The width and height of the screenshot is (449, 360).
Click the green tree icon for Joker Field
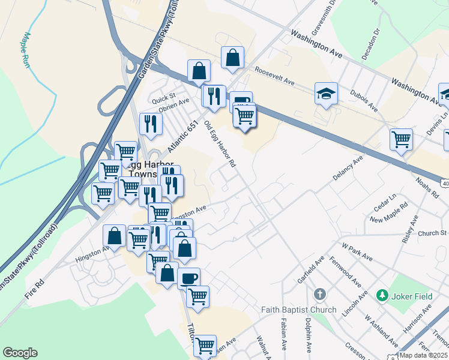[x=381, y=295]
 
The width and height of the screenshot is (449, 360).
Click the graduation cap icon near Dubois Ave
[x=326, y=93]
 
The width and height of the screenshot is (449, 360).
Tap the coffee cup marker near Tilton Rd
[x=188, y=278]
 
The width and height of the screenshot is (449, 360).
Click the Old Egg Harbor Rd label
[x=219, y=143]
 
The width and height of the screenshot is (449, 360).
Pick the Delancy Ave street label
[x=349, y=169]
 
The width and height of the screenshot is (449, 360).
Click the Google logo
[x=20, y=353]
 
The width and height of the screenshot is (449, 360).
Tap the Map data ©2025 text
[x=423, y=355]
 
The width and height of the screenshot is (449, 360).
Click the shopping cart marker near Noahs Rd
[x=401, y=139]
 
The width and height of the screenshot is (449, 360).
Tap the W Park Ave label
[x=357, y=251]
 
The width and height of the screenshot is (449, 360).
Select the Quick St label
[x=163, y=96]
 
